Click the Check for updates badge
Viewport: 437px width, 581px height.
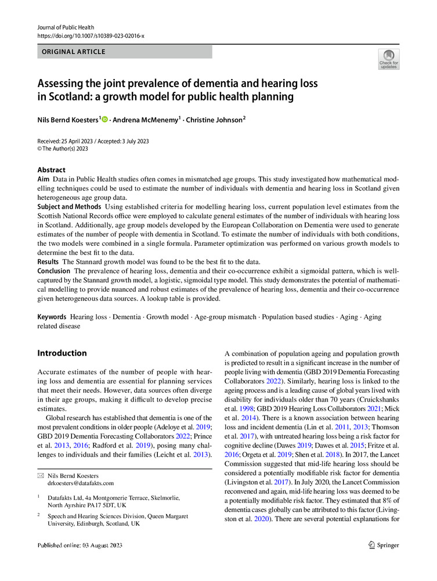(388, 60)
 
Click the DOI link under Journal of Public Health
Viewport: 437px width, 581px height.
(91, 36)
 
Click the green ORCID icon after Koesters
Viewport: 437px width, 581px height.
(105, 119)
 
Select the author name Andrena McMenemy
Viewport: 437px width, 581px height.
(146, 119)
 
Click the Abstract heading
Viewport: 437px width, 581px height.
(51, 170)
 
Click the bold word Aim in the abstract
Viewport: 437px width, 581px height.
(43, 181)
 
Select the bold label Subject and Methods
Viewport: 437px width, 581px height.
(69, 207)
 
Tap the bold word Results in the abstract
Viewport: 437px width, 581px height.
(48, 261)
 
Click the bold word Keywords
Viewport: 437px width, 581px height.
(52, 317)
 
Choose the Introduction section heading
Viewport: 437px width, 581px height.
(62, 353)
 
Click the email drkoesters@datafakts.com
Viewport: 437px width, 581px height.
(80, 483)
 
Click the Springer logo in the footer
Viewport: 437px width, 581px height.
(384, 545)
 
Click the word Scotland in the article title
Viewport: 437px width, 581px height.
(71, 96)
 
